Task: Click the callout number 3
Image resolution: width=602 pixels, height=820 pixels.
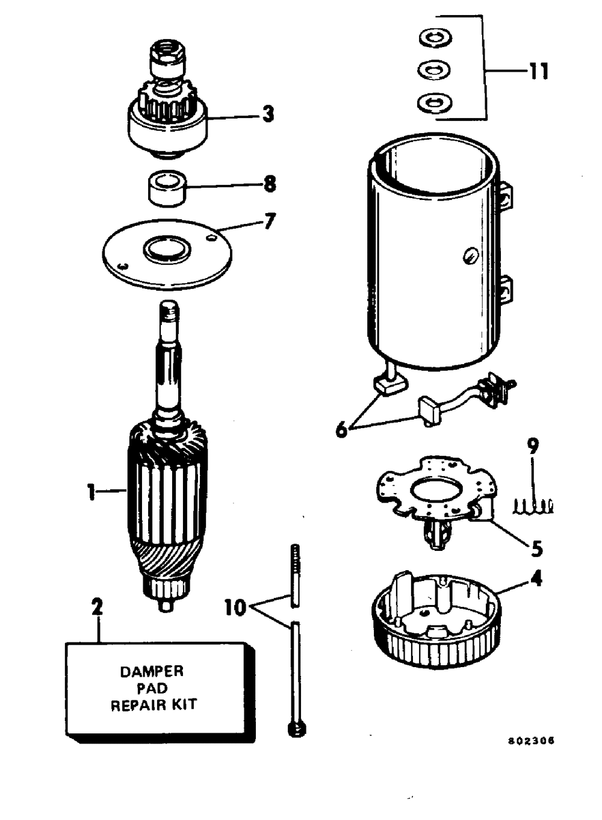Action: (268, 114)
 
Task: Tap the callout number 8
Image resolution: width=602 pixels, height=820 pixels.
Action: (270, 184)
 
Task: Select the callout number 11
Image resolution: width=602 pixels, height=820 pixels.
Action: (539, 72)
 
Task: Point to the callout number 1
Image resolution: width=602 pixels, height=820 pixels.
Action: (91, 492)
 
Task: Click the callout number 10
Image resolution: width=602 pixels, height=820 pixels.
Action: (235, 607)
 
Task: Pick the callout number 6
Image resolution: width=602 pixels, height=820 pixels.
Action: (341, 430)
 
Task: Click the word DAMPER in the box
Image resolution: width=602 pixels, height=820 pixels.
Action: (152, 671)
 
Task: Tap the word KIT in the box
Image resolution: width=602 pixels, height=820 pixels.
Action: (185, 704)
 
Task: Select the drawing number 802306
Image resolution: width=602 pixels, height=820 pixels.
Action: (530, 741)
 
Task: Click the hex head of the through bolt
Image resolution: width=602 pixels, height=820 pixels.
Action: (297, 730)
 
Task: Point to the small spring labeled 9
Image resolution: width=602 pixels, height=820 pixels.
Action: (533, 507)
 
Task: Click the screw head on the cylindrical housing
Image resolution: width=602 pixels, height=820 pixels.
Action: (471, 257)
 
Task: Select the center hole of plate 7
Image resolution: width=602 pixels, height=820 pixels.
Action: (167, 249)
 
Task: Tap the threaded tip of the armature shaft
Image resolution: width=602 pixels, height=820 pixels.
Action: (170, 312)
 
